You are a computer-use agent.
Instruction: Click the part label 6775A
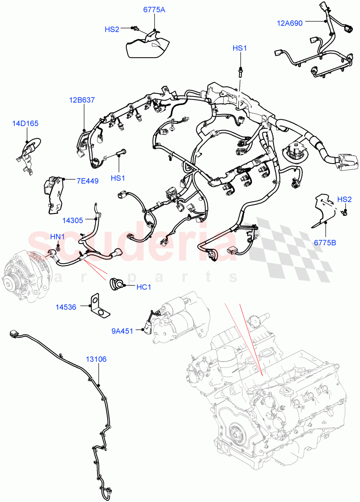tap(154, 10)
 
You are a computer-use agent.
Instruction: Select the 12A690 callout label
tap(289, 23)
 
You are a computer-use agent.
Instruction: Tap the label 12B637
tap(82, 100)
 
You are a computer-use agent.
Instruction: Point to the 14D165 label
tap(25, 123)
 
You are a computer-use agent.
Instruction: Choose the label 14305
tap(73, 219)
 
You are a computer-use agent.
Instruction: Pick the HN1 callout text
tap(57, 237)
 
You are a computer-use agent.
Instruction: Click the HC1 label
tap(144, 287)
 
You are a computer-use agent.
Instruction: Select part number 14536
tap(66, 307)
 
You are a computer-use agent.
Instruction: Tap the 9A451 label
tap(123, 331)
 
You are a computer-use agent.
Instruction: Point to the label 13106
tap(96, 359)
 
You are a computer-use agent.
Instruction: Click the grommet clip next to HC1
tap(116, 284)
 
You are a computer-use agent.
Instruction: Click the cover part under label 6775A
tap(148, 45)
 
